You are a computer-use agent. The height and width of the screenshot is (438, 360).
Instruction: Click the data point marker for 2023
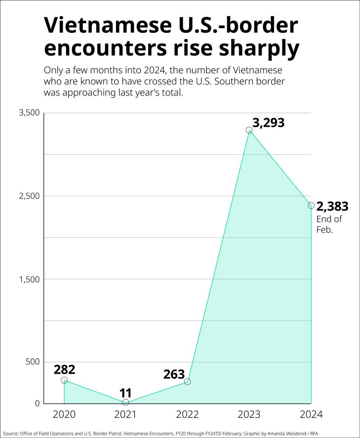coord(249,130)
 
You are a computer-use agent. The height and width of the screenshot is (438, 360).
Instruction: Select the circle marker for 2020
coord(64,380)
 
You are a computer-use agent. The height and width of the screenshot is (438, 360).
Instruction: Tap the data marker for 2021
coord(126,402)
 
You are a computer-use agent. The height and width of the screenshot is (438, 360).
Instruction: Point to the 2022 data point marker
coord(187,381)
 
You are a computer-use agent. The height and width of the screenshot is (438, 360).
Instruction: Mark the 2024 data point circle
coord(311,205)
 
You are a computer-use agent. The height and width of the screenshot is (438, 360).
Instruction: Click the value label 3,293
coord(268,123)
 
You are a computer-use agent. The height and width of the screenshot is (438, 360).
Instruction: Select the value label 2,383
coord(332,206)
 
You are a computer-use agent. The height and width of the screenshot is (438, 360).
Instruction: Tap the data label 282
coord(64,369)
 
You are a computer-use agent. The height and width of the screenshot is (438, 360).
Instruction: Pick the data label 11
coord(126,392)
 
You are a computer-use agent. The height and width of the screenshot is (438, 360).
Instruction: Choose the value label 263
coord(174,374)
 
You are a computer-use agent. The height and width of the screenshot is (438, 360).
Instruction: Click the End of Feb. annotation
coord(329,224)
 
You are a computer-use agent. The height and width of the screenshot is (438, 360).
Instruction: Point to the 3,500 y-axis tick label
coord(29,113)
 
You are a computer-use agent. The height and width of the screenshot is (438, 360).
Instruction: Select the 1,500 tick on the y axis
coord(29,279)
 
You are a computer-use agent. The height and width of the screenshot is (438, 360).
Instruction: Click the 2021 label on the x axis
coord(126,414)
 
